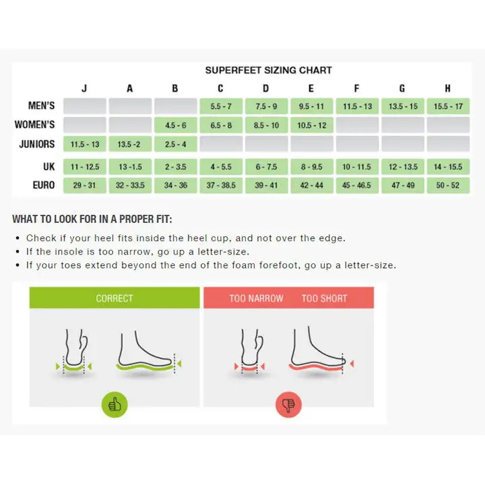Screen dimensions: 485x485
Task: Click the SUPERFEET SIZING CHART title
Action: tap(269, 70)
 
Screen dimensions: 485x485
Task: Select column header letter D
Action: tap(265, 88)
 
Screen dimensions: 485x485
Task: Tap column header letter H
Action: tap(447, 88)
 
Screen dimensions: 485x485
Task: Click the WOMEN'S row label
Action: tap(34, 125)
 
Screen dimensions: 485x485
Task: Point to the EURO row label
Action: tap(44, 185)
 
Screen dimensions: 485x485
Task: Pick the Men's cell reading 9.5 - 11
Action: tap(311, 106)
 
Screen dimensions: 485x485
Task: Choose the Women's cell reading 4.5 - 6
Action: tap(176, 125)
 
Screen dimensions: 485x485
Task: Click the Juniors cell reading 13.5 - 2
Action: tap(130, 144)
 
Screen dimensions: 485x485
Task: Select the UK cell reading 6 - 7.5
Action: tap(266, 167)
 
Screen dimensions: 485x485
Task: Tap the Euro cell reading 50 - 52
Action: tap(448, 185)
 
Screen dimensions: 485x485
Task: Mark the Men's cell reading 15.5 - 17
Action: tap(448, 106)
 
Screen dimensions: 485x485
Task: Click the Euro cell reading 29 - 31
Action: tap(85, 185)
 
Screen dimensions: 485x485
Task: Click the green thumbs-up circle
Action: tap(115, 405)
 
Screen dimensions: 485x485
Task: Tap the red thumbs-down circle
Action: tap(288, 405)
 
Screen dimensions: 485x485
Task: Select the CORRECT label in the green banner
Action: tap(115, 298)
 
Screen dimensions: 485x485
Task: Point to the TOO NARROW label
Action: tap(257, 298)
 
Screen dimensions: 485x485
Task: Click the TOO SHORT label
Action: tap(325, 298)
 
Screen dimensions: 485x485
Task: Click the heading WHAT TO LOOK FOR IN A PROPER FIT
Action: tap(92, 219)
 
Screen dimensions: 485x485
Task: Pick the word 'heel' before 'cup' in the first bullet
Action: tap(197, 238)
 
